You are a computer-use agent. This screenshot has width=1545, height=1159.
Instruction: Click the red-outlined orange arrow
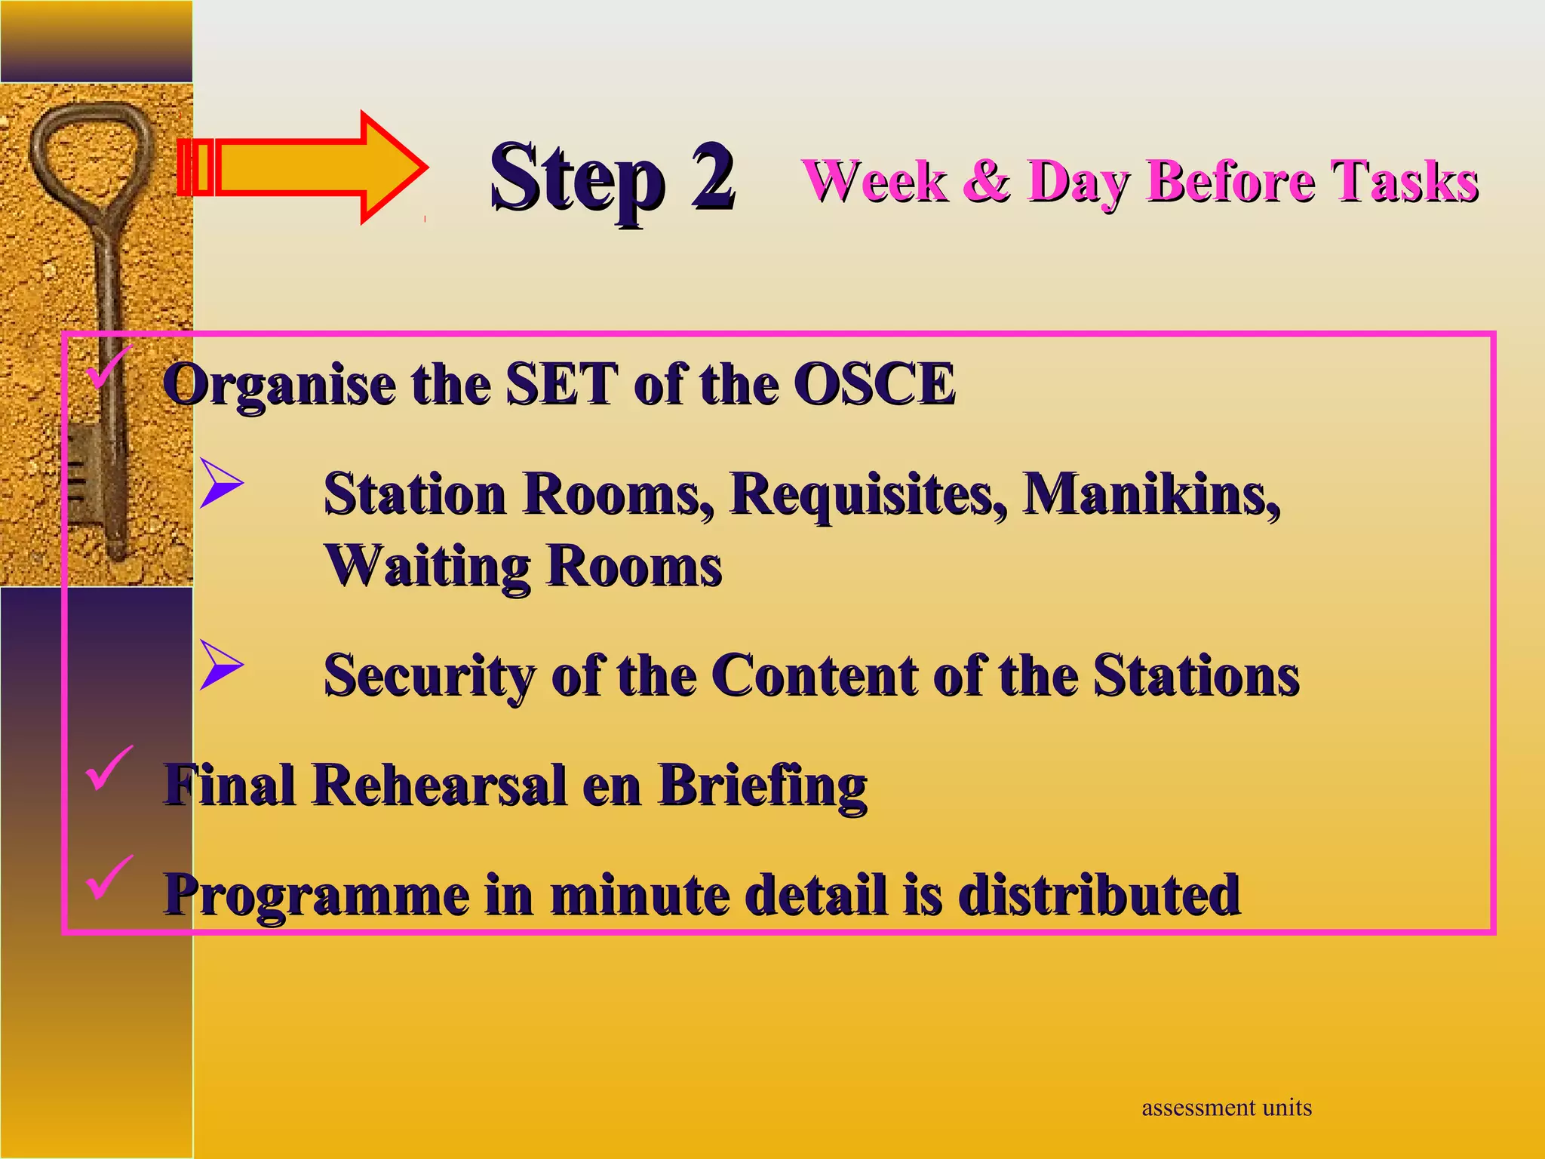(x=302, y=168)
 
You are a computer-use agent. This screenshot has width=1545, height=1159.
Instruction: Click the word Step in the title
(x=577, y=181)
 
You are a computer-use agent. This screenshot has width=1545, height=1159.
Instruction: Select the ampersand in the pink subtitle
(x=987, y=181)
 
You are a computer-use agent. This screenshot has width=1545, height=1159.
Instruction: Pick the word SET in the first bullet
(x=561, y=385)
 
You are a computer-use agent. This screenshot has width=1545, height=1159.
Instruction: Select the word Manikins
(x=1150, y=495)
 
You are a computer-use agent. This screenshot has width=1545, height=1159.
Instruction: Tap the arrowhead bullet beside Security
(x=220, y=665)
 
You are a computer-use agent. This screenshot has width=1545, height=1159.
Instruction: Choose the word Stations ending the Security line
(x=1196, y=675)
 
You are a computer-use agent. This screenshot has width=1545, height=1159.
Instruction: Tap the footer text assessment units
(x=1226, y=1108)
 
